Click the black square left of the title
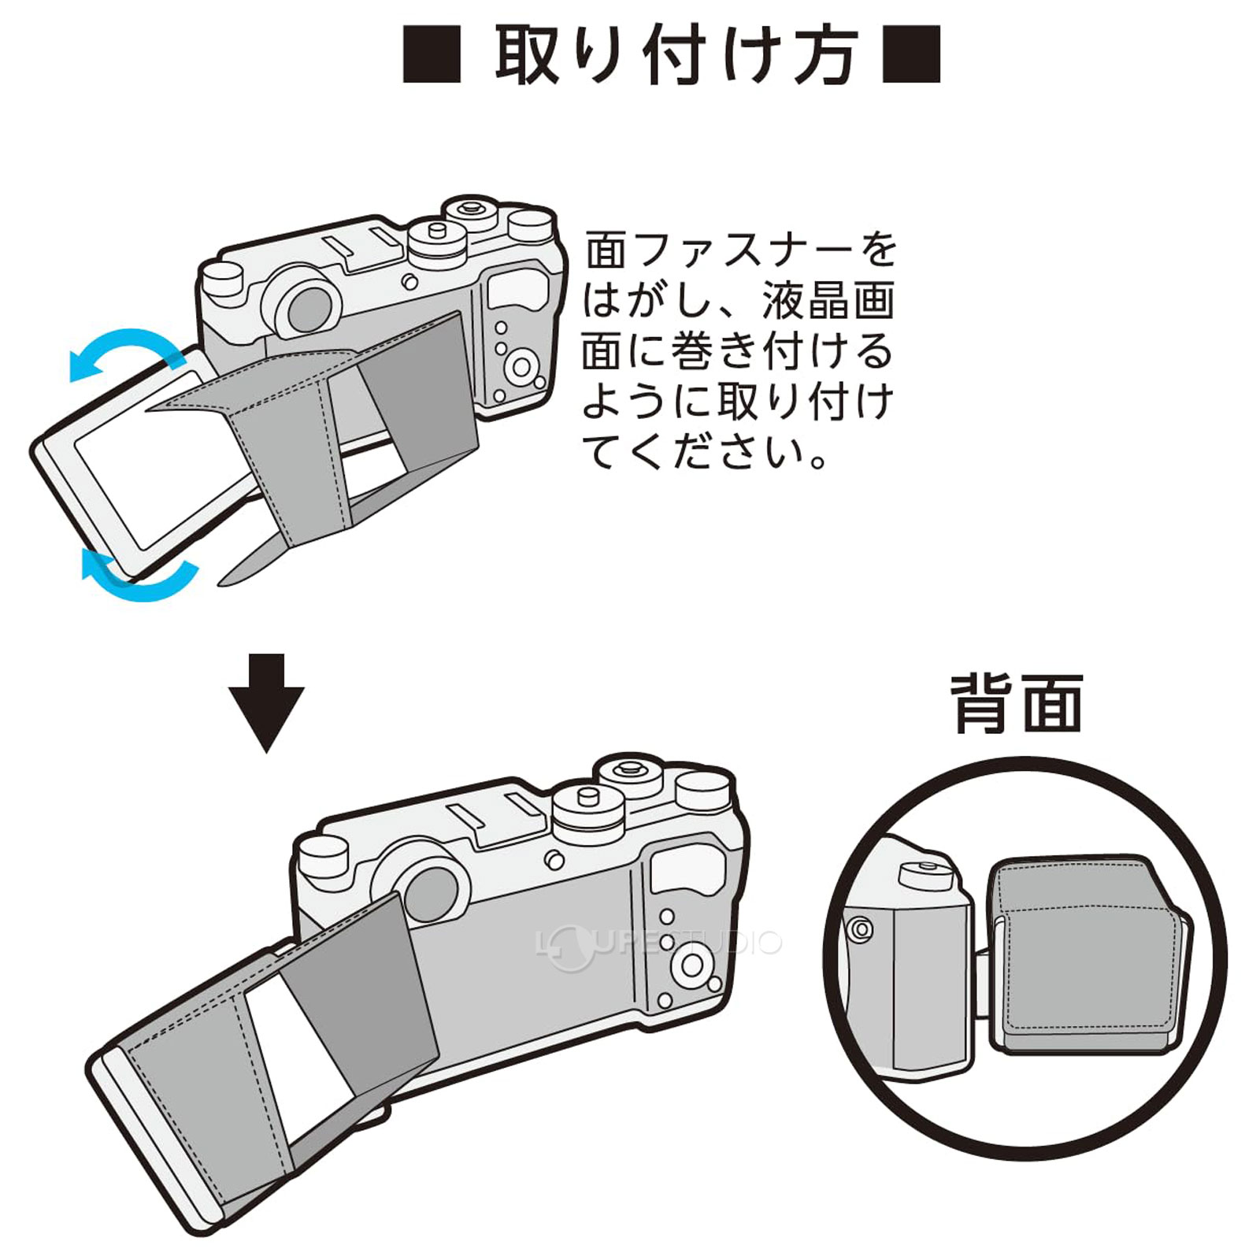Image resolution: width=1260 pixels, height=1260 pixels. coord(432,54)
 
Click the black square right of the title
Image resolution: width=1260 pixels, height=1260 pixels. coord(911,54)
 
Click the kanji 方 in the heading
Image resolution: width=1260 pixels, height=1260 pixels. coord(824,55)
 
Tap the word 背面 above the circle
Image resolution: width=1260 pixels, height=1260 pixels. coord(1017,705)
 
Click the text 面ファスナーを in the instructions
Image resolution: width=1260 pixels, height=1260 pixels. coord(740,250)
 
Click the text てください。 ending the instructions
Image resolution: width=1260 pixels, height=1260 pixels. coord(705,453)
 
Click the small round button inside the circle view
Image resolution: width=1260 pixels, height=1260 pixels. coord(861,930)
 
